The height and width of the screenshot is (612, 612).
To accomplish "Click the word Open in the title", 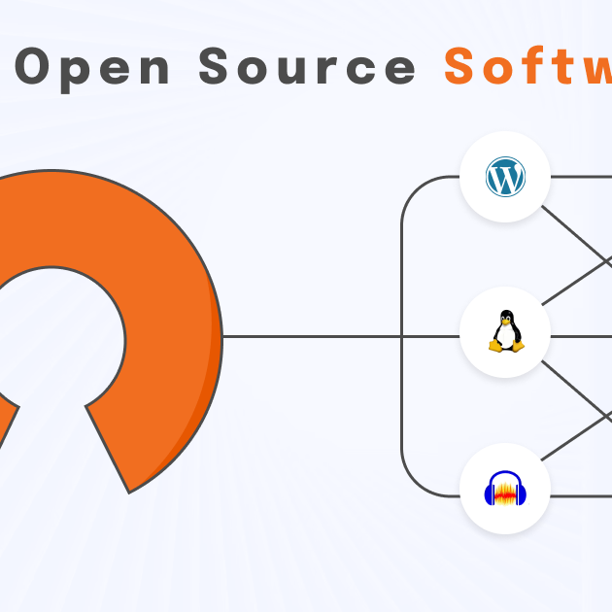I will [x=93, y=68].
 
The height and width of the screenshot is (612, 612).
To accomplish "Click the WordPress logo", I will [x=505, y=178].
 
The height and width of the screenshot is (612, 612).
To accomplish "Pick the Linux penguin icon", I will [x=505, y=333].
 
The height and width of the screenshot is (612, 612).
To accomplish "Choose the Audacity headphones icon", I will [x=505, y=489].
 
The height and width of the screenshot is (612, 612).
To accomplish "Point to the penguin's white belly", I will [x=505, y=336].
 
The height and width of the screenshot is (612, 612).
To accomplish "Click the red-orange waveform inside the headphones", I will [x=505, y=493].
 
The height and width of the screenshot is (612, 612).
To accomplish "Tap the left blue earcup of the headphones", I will [x=490, y=495].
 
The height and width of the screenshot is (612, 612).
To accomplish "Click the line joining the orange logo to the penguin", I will [x=311, y=337].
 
